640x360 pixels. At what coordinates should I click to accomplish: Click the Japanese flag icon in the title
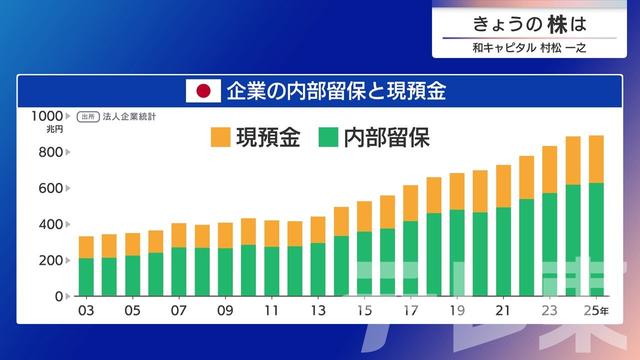coord(203,91)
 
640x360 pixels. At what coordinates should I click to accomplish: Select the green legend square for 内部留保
coord(327,138)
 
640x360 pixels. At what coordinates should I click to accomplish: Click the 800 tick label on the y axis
coord(51,152)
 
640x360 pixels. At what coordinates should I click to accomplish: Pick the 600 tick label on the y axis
coord(51,188)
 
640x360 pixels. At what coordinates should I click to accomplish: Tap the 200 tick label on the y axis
coord(51,260)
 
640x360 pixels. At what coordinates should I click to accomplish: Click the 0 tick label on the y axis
coord(60,297)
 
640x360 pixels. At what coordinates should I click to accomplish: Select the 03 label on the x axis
coord(87,312)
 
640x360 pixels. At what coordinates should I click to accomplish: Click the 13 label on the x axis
coord(318,312)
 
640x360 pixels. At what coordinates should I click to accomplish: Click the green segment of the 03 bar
coord(87,277)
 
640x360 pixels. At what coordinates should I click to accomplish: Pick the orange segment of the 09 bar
coord(226,235)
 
